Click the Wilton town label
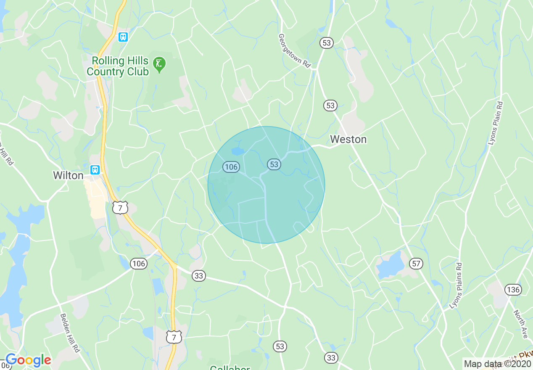pyautogui.click(x=68, y=175)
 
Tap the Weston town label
pyautogui.click(x=348, y=139)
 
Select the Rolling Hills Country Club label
pyautogui.click(x=118, y=66)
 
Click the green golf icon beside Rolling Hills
pyautogui.click(x=159, y=64)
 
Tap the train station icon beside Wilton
pyautogui.click(x=95, y=170)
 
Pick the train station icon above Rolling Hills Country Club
pyautogui.click(x=123, y=37)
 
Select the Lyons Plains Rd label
pyautogui.click(x=456, y=286)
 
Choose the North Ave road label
pyautogui.click(x=520, y=324)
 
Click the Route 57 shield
pyautogui.click(x=416, y=264)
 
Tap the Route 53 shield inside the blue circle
pyautogui.click(x=274, y=164)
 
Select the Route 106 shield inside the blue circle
pyautogui.click(x=231, y=167)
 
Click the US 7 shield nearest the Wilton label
pyautogui.click(x=120, y=207)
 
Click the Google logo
pyautogui.click(x=28, y=360)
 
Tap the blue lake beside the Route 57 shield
pyautogui.click(x=391, y=266)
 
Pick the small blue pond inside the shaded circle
pyautogui.click(x=237, y=151)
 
